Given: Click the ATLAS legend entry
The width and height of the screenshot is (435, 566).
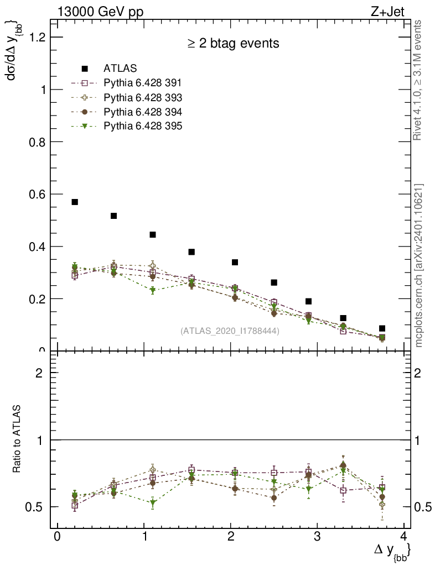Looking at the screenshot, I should point(120,69).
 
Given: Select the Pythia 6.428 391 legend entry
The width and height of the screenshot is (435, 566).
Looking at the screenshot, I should point(143,83).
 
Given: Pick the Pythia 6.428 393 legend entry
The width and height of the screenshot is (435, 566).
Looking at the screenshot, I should point(143,97).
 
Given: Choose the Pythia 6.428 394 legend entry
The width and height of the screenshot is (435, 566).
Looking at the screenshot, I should point(143,112).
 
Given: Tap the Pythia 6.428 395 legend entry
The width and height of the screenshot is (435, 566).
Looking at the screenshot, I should point(143,126).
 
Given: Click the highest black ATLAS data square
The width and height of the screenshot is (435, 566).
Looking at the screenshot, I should point(75,202).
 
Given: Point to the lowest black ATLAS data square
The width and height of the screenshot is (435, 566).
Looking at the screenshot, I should point(382,328).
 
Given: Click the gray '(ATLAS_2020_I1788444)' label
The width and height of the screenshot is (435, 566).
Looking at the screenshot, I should point(230,331).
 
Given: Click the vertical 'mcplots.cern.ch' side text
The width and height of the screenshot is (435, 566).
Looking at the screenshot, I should point(420,265).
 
